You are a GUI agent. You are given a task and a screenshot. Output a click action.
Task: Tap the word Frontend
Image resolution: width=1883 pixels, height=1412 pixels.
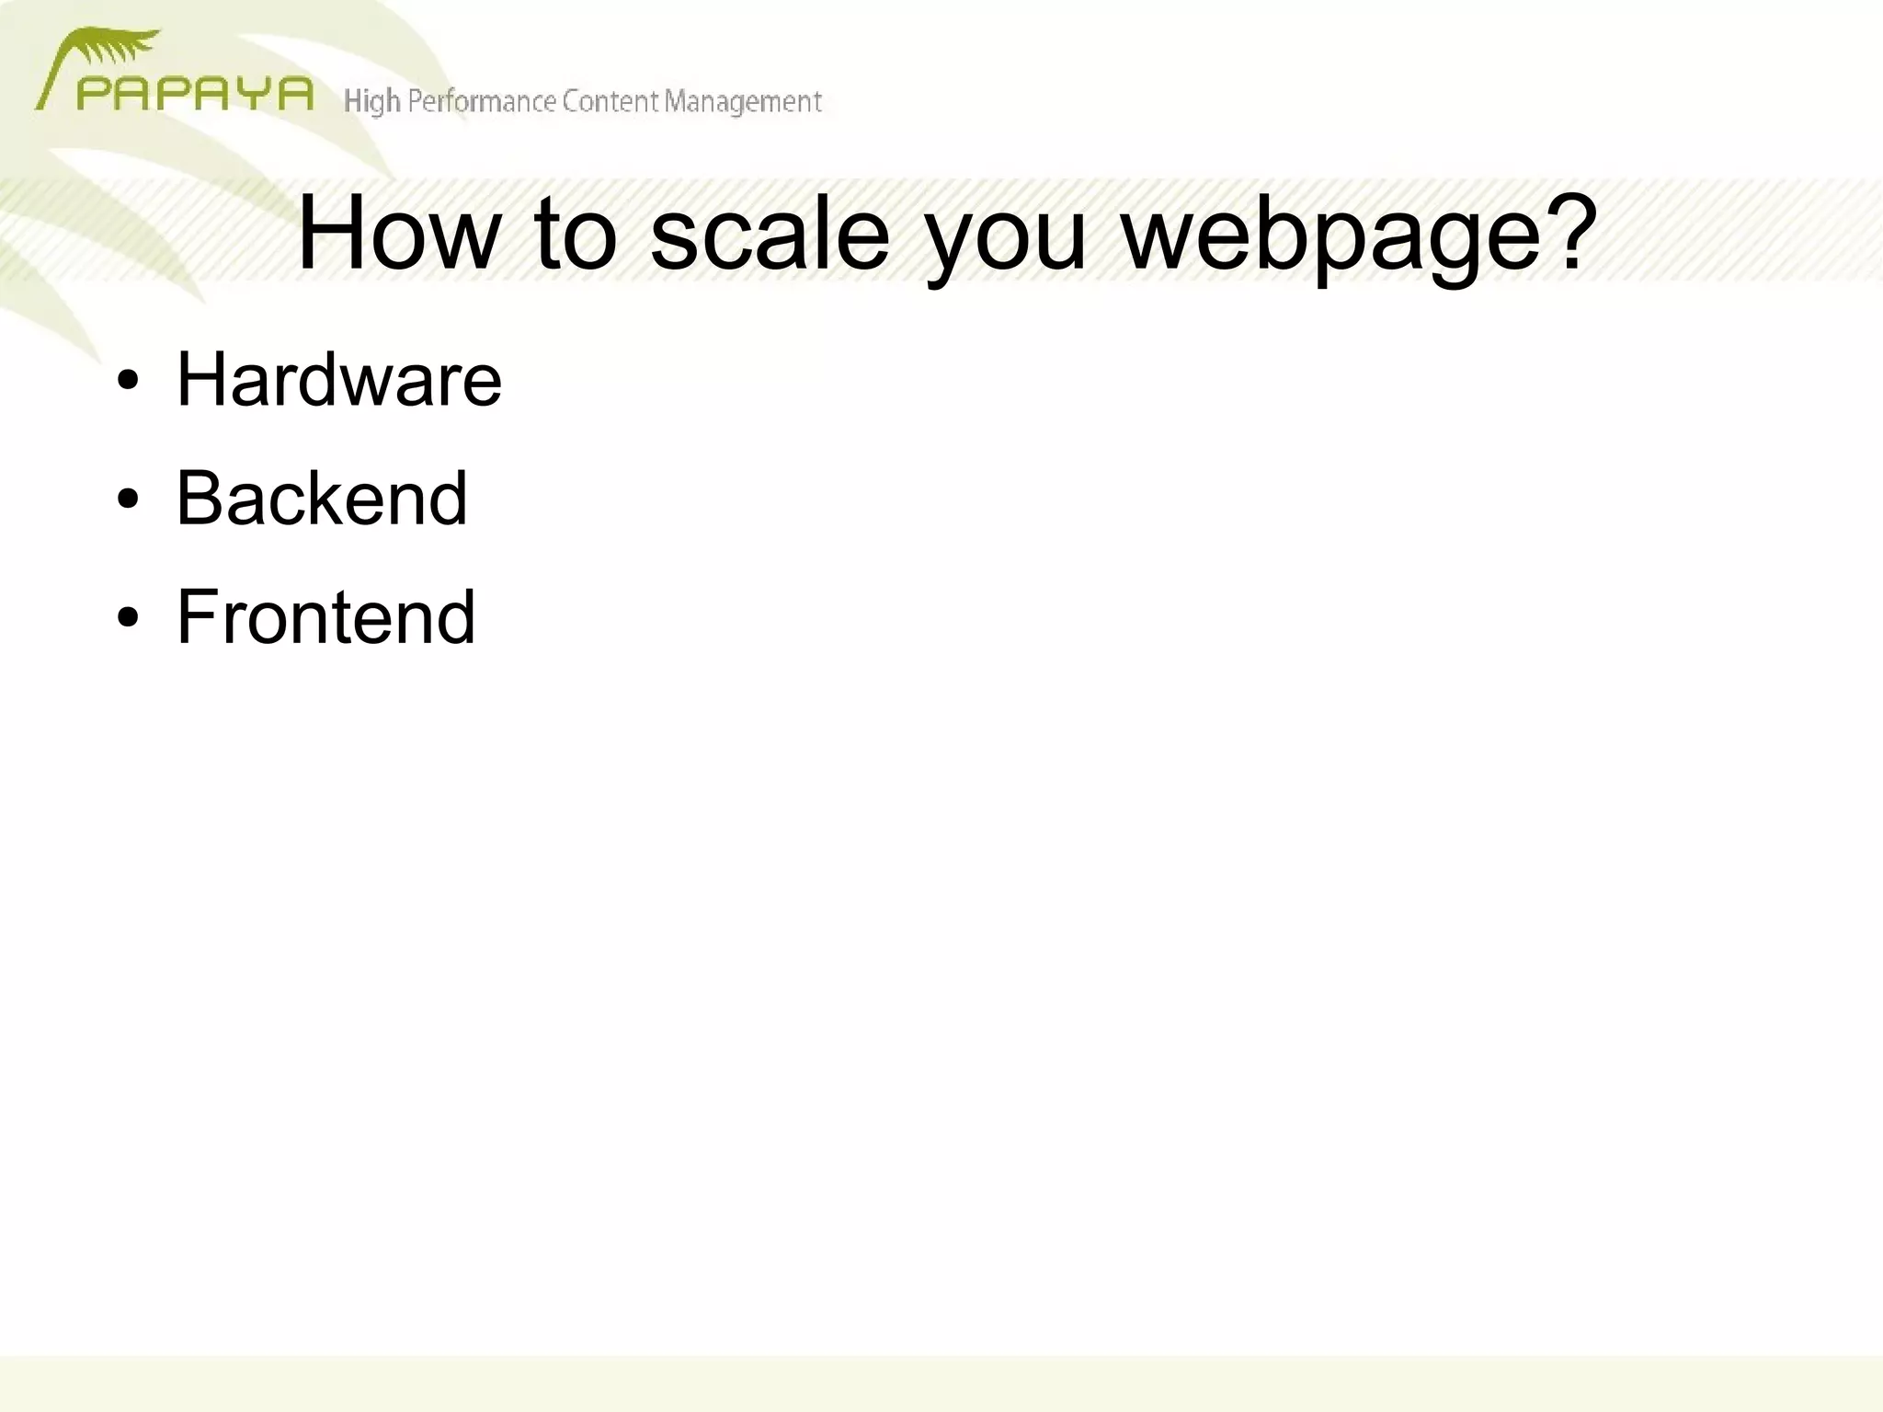(325, 616)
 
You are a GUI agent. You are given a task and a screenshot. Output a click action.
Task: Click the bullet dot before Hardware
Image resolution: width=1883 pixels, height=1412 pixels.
(128, 381)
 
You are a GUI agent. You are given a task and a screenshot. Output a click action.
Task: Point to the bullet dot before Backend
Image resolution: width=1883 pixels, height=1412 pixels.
(128, 499)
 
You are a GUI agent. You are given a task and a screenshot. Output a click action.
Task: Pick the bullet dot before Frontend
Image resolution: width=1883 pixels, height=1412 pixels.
(128, 618)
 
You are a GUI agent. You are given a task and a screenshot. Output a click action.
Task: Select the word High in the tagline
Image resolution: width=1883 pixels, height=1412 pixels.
(371, 101)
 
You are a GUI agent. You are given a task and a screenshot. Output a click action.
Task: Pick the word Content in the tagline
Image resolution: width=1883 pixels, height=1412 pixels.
(609, 101)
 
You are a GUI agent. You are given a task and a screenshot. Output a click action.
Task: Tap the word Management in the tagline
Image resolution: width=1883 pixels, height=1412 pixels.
(742, 101)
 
